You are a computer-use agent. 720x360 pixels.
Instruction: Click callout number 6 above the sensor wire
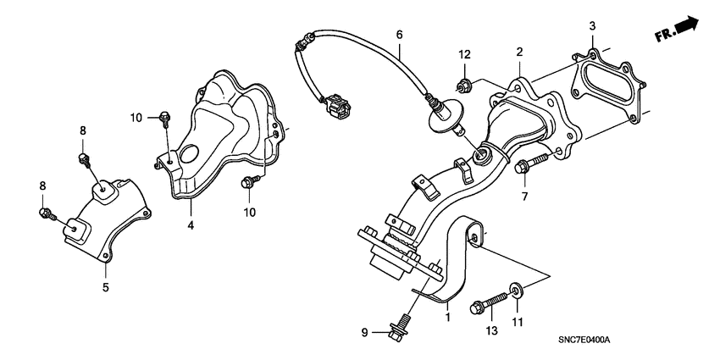coord(398,35)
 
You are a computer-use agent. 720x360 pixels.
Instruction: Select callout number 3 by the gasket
coord(593,26)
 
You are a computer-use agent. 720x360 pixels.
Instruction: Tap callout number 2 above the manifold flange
coord(518,52)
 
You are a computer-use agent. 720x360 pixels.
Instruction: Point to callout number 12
coord(464,55)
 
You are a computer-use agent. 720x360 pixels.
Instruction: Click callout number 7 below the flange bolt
coord(524,197)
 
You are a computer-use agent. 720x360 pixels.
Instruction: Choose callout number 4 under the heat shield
coord(191,226)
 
